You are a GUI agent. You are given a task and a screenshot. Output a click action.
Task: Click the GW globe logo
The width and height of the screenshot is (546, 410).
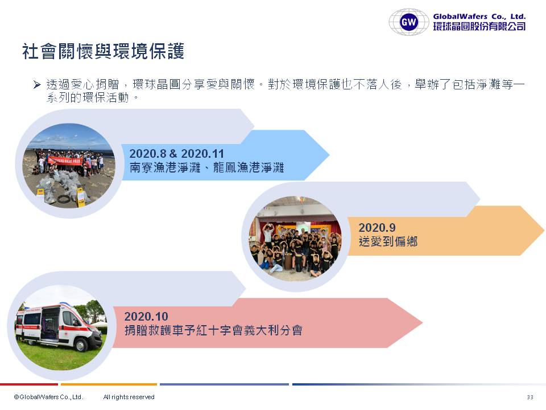[x=409, y=22]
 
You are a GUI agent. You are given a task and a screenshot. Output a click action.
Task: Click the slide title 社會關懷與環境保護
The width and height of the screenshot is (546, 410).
[x=103, y=51]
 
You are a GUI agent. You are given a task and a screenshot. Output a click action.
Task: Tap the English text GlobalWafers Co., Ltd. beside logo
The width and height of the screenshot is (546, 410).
[x=479, y=16]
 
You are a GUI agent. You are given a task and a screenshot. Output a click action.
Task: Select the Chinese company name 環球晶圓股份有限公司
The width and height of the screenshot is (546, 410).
[x=479, y=26]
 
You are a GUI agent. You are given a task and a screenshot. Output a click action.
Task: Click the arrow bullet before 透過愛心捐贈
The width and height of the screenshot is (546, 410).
[x=37, y=84]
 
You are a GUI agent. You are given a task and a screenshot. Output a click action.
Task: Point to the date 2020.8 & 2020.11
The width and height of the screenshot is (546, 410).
[x=176, y=153]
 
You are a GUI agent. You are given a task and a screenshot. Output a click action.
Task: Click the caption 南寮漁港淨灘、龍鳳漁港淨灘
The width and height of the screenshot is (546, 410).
[x=207, y=167]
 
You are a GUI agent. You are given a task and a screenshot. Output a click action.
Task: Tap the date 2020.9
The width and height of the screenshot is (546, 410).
[x=377, y=228]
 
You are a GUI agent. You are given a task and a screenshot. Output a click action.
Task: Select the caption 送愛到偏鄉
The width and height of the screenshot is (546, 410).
[x=388, y=241]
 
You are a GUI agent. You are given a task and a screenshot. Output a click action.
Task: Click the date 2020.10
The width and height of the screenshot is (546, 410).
[x=146, y=316]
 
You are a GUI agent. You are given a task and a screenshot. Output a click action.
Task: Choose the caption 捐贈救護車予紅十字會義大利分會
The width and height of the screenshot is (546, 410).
[x=213, y=330]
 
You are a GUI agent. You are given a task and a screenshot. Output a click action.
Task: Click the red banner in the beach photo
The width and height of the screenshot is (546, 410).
[x=64, y=161]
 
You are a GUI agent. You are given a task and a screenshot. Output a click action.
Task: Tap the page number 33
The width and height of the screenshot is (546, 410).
[x=530, y=397]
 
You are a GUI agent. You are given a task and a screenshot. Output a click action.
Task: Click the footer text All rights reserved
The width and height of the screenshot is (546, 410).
[x=129, y=397]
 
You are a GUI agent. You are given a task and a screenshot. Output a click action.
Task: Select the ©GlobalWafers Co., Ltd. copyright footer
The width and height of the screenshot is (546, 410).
[x=48, y=397]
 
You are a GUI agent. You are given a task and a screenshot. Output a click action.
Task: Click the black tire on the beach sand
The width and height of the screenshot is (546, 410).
[x=64, y=199]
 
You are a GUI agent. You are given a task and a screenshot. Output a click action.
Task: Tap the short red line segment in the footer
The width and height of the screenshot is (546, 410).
[x=29, y=384]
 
